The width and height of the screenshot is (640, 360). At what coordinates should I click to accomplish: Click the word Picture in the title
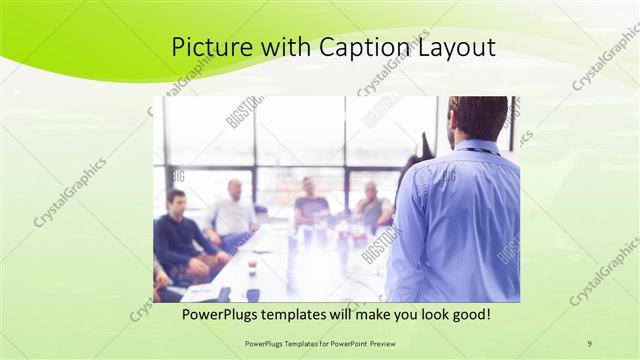208,48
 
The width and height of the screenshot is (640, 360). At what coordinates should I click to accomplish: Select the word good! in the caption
467,315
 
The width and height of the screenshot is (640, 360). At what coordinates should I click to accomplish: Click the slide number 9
590,343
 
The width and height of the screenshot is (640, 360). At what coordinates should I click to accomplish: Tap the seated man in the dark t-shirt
310,203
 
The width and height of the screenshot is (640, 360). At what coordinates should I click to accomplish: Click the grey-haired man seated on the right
372,205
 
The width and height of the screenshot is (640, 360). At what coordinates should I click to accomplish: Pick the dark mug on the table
253,294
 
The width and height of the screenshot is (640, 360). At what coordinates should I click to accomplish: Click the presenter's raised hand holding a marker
425,145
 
